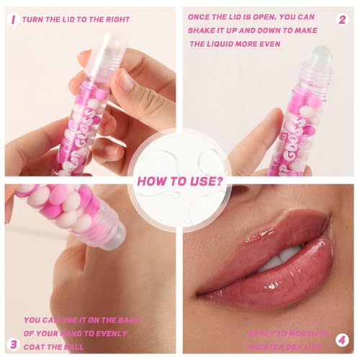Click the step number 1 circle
coord(12,19)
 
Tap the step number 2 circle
coord(343,19)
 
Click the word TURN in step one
coord(34,20)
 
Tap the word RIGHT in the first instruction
coord(120,20)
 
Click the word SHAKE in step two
coord(204,30)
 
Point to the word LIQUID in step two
coord(230,43)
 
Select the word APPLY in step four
coord(263,333)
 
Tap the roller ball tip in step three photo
coord(114,234)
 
